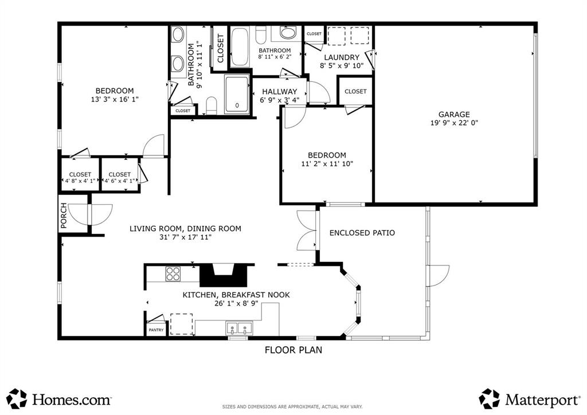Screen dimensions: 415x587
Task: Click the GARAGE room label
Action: click(454, 114)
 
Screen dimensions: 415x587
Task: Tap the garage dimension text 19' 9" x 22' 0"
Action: click(454, 123)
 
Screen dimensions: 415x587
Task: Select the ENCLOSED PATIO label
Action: click(362, 233)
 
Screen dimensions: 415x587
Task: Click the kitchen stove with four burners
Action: click(173, 274)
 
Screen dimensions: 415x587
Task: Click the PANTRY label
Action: click(156, 330)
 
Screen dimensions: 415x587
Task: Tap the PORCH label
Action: click(64, 216)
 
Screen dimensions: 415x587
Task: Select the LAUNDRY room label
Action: click(342, 57)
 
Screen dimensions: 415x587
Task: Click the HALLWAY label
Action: click(279, 92)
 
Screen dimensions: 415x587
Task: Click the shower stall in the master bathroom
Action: click(236, 95)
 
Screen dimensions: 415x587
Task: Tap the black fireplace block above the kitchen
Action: click(225, 275)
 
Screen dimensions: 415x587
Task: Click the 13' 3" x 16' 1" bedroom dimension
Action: click(115, 99)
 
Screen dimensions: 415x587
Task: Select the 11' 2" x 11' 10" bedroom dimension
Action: click(327, 164)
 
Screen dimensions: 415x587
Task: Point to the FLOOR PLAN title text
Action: click(293, 350)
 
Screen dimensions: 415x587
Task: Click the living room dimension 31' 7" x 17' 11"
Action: click(185, 237)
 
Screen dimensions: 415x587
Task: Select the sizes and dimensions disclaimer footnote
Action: click(293, 407)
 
